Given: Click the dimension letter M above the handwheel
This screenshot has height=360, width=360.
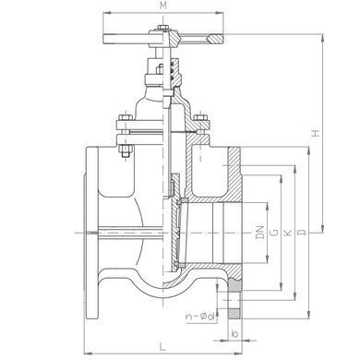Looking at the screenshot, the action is [163, 6].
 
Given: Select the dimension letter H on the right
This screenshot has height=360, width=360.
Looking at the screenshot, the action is [316, 133].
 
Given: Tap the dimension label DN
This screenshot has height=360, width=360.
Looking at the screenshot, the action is [260, 233].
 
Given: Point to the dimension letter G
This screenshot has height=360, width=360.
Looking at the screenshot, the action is [275, 233].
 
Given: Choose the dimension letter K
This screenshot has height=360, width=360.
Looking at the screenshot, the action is [287, 233].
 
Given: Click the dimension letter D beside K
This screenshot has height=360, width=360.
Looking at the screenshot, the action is [303, 233].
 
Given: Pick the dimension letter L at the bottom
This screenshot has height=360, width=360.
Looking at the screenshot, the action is [162, 347].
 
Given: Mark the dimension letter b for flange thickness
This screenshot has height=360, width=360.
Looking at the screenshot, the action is [234, 333].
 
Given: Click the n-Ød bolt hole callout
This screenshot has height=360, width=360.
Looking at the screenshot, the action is [200, 317].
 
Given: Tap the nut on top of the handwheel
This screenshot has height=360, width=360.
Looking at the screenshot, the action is [163, 28].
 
